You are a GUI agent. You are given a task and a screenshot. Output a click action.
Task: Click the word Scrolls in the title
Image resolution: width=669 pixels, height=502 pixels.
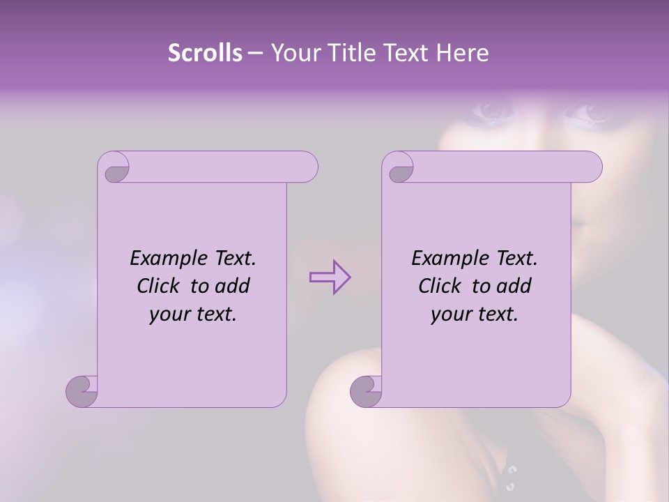pyautogui.click(x=205, y=52)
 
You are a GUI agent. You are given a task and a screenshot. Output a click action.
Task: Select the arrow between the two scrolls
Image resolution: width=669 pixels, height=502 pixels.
pyautogui.click(x=330, y=277)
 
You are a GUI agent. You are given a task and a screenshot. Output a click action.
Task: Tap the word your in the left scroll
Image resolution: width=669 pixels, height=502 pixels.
pyautogui.click(x=169, y=314)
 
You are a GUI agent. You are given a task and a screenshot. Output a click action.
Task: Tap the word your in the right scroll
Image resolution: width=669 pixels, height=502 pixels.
pyautogui.click(x=451, y=314)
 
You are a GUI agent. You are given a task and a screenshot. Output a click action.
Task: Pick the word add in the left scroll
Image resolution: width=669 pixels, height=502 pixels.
pyautogui.click(x=233, y=286)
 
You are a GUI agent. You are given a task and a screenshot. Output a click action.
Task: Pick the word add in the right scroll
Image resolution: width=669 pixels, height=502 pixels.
pyautogui.click(x=514, y=286)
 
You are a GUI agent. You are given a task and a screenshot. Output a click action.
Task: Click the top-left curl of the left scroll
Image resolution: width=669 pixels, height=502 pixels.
pyautogui.click(x=114, y=169)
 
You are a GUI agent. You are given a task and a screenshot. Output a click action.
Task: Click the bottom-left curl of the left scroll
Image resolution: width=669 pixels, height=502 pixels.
pyautogui.click(x=82, y=391)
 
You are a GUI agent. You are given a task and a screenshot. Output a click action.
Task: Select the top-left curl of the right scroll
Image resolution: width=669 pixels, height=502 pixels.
pyautogui.click(x=399, y=169)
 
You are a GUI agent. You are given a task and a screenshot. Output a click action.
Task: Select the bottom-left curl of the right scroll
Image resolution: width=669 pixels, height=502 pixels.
pyautogui.click(x=366, y=391)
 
